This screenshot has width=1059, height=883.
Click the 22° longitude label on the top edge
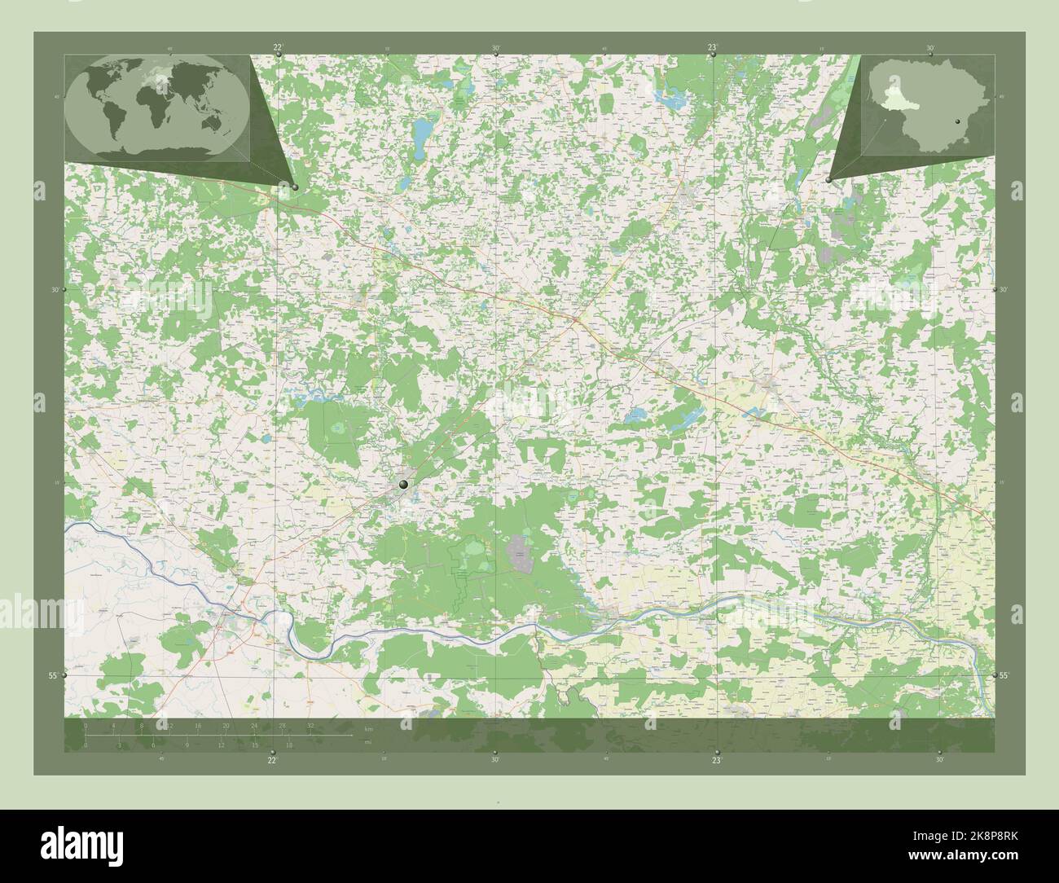279,48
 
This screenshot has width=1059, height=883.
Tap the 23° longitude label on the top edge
712,48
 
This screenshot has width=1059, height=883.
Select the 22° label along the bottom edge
272,760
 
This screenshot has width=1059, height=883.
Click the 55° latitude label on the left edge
52,676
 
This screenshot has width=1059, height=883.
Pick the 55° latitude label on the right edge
1004,676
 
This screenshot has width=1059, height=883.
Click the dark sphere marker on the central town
403,485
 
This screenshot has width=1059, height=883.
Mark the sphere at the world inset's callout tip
295,187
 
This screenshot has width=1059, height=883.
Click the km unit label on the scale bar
369,727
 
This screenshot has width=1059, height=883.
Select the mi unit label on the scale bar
369,742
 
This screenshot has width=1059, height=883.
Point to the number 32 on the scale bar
310,725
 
